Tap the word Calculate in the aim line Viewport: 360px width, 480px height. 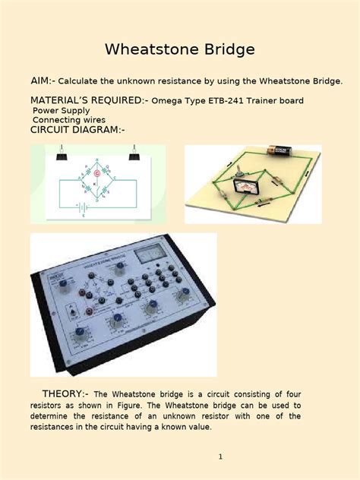pyautogui.click(x=83, y=81)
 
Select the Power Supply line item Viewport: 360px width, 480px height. pyautogui.click(x=61, y=110)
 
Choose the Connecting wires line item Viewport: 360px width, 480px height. pyautogui.click(x=69, y=120)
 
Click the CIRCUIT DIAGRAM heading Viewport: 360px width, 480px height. pyautogui.click(x=77, y=130)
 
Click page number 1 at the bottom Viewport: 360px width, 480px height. pyautogui.click(x=219, y=456)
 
